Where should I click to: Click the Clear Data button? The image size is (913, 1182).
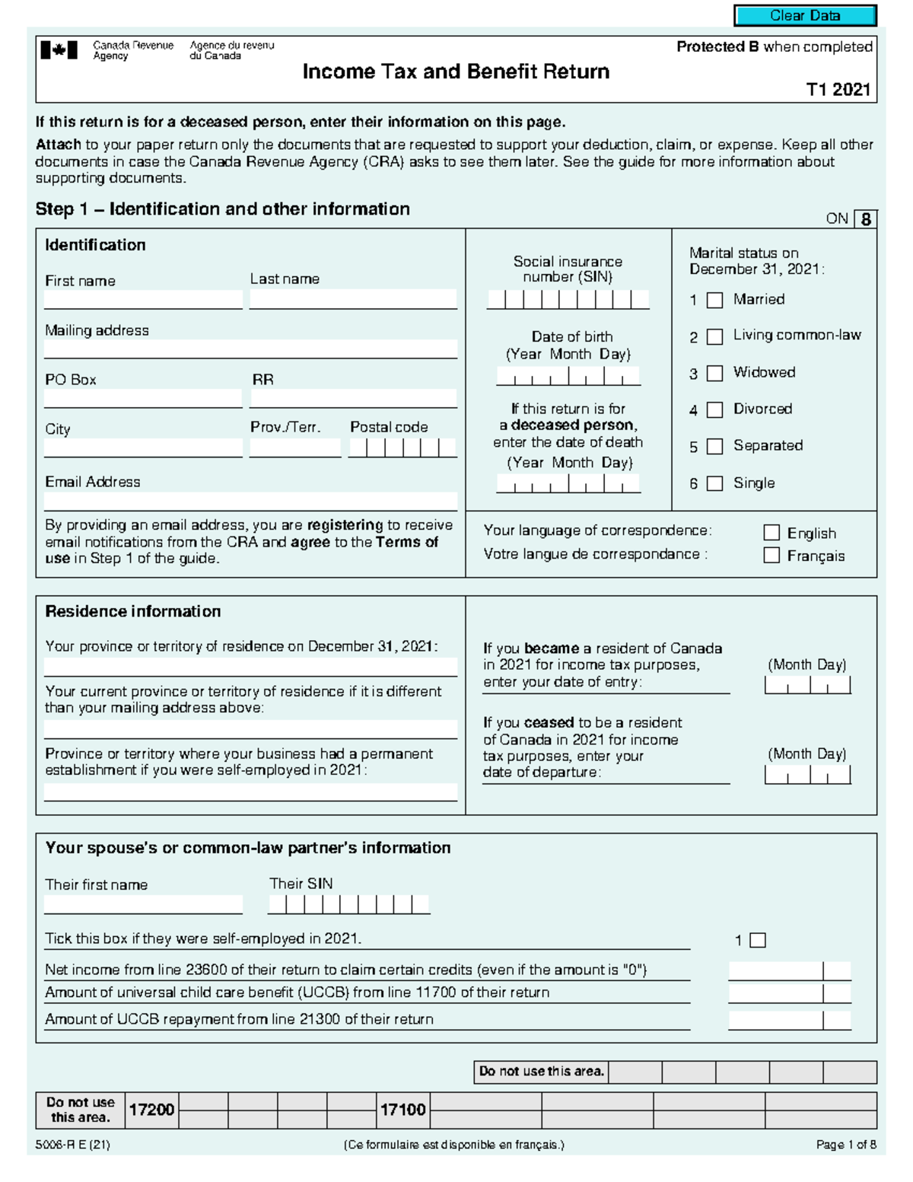[x=805, y=15]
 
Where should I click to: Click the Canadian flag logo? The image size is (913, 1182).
[x=59, y=51]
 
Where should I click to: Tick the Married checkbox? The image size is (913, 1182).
[x=714, y=301]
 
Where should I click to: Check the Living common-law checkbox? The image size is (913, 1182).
[x=714, y=337]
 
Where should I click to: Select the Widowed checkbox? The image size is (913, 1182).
[x=714, y=374]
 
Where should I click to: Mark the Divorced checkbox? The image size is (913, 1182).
[x=714, y=410]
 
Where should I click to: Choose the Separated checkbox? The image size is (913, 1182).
[x=714, y=447]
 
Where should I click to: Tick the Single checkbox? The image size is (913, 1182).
[x=714, y=483]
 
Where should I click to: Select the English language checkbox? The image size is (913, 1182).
[x=771, y=533]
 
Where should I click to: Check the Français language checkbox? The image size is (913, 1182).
[x=771, y=556]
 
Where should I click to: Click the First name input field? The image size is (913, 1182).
[x=143, y=299]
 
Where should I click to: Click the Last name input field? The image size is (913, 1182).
[x=353, y=299]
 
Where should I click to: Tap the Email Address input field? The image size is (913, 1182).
[x=250, y=501]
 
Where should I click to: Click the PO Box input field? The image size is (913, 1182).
[x=143, y=398]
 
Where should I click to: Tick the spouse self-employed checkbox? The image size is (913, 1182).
[x=758, y=941]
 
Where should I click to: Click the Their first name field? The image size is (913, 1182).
[x=143, y=904]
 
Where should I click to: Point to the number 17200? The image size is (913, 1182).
[x=151, y=1110]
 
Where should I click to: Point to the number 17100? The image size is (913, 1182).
[x=402, y=1110]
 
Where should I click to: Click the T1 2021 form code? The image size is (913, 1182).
[x=838, y=90]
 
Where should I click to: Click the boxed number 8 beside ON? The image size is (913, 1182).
[x=866, y=219]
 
